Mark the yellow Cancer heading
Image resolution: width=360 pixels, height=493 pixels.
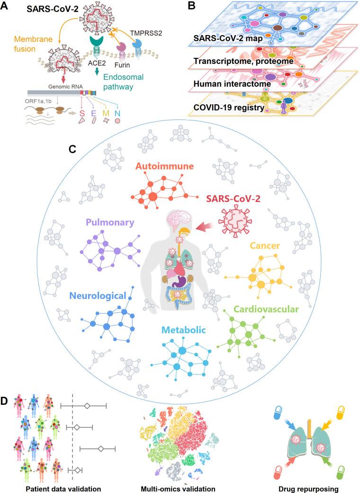pos(265,246)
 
